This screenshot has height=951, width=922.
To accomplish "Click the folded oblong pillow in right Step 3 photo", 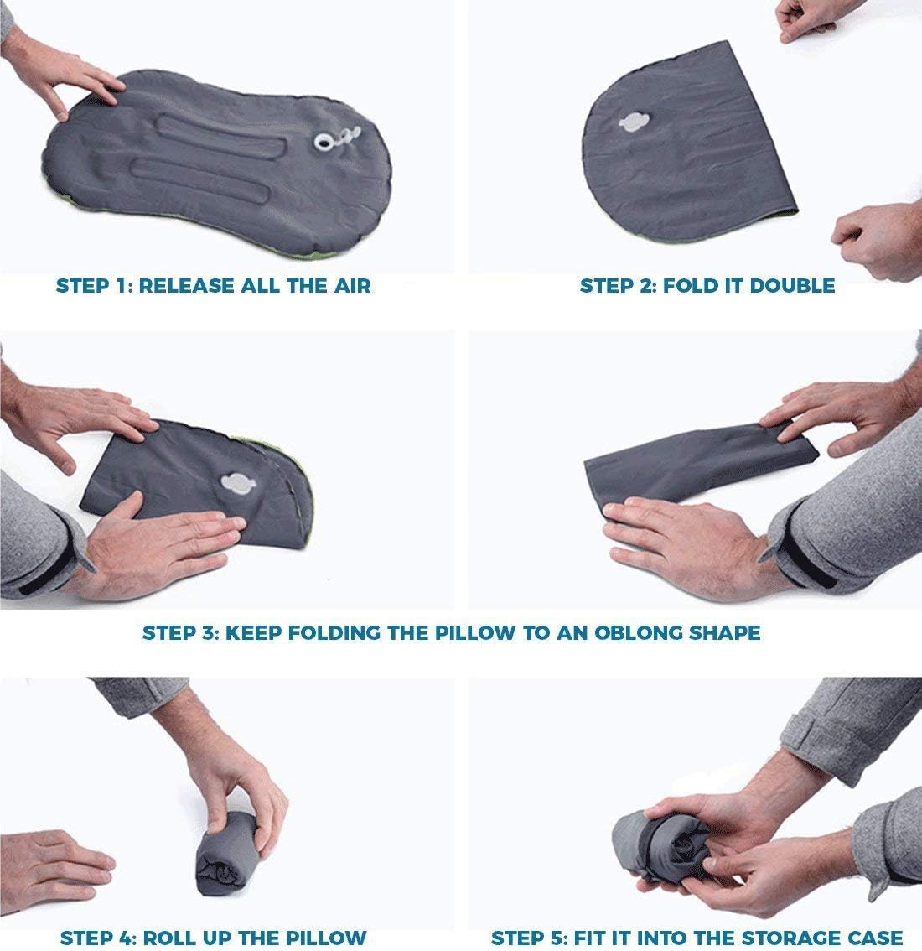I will tap(696, 470).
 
